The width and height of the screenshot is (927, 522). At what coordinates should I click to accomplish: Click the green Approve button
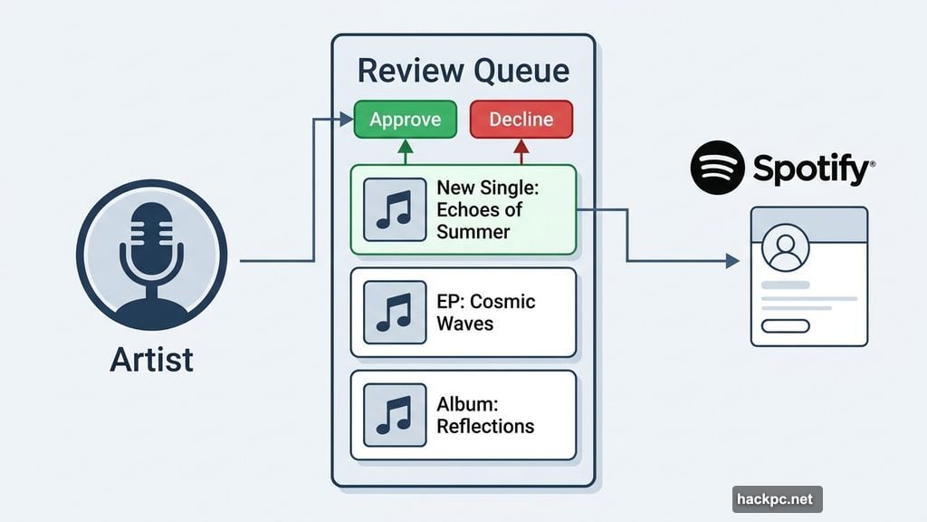coord(406,120)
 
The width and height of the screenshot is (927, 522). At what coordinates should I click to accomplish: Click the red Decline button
coord(521,120)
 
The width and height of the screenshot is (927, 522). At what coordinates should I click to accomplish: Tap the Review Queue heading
coord(463,71)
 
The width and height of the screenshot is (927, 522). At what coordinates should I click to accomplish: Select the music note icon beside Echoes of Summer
coord(395,209)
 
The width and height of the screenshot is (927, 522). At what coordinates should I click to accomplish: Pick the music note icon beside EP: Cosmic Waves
coord(395,312)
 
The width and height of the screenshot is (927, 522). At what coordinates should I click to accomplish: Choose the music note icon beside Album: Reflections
coord(395,415)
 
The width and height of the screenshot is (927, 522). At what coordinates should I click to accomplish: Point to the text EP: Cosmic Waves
coord(485,312)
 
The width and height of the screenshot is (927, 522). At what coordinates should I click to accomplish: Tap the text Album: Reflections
coord(485,415)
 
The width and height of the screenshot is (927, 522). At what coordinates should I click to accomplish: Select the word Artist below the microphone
coord(151,359)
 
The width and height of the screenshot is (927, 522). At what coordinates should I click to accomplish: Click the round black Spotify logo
coord(718,167)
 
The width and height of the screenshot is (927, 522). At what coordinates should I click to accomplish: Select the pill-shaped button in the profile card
coord(785,326)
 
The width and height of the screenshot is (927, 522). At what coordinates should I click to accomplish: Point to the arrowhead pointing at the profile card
coord(732,261)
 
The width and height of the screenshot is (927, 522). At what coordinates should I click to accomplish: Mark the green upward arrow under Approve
coord(406,150)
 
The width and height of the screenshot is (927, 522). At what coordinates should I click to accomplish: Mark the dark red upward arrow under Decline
coord(521,150)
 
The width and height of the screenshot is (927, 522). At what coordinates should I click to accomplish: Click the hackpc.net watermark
coord(777,499)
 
